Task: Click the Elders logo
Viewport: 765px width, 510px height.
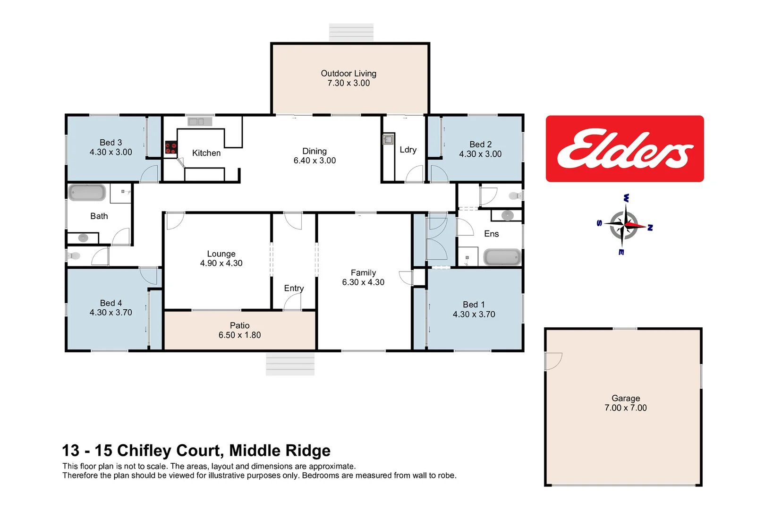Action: (x=624, y=148)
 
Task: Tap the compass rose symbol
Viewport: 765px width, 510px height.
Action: (x=624, y=225)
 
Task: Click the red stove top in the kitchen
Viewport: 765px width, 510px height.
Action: (x=170, y=148)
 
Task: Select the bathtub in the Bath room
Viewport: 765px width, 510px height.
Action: (x=87, y=193)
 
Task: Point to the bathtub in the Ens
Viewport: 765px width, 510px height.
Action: (x=502, y=257)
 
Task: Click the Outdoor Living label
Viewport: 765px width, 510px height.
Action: (x=348, y=73)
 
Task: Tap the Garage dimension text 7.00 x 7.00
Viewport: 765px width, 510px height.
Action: (x=625, y=408)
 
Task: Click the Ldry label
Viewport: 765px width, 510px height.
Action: (x=408, y=150)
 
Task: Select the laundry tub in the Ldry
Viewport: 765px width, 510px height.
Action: (x=388, y=140)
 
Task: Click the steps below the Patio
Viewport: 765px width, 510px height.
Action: (x=290, y=364)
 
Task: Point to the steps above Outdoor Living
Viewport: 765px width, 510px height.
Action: (x=351, y=32)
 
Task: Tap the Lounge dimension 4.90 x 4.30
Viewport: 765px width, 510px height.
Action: (x=221, y=263)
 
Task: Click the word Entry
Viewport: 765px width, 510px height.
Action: (x=294, y=288)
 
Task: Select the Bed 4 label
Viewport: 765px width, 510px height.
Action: (x=110, y=303)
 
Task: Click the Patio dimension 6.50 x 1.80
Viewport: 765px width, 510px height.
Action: (x=239, y=335)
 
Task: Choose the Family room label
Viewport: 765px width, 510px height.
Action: (x=363, y=272)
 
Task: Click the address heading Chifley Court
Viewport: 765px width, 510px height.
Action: (x=196, y=450)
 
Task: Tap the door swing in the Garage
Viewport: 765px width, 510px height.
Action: (x=552, y=361)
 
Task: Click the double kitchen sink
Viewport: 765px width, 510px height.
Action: (x=196, y=122)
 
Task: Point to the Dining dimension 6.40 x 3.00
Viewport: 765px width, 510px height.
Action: (x=314, y=161)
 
